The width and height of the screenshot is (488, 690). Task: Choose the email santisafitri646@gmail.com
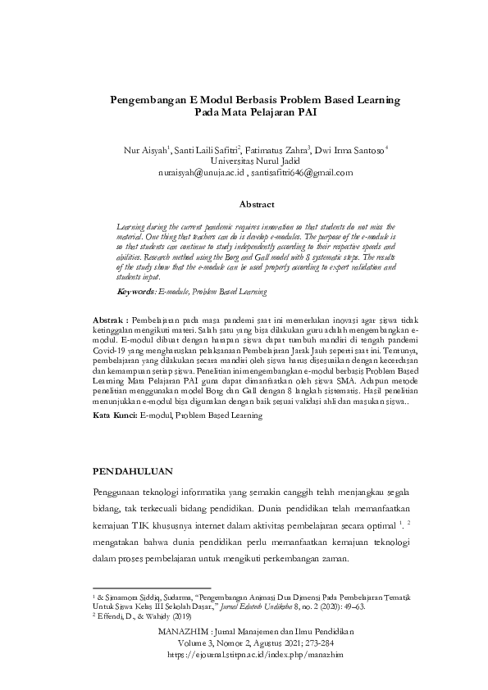(x=304, y=173)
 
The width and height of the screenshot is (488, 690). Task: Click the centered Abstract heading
(x=256, y=203)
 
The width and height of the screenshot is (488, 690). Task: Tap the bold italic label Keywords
(x=136, y=290)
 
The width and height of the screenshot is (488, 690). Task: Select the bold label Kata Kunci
(x=115, y=416)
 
